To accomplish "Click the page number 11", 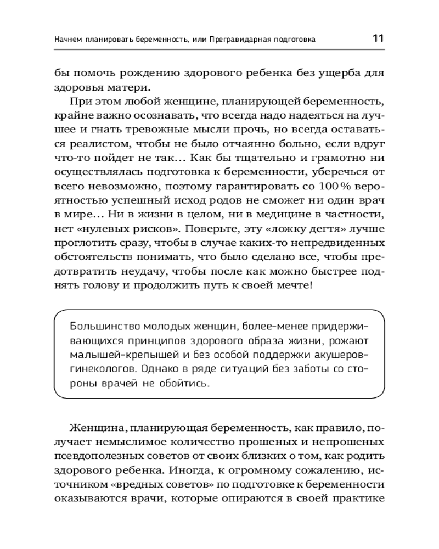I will pos(378,38).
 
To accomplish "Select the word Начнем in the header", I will pos(70,40).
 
